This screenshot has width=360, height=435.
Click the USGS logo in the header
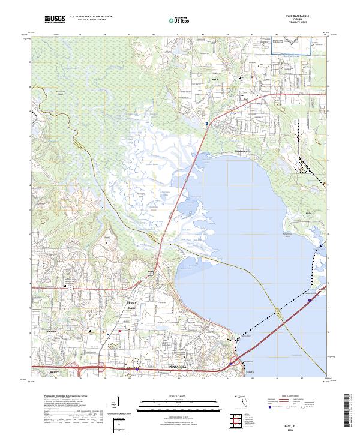(54, 20)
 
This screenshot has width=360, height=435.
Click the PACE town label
(216, 79)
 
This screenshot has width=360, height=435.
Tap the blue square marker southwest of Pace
(207, 123)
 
